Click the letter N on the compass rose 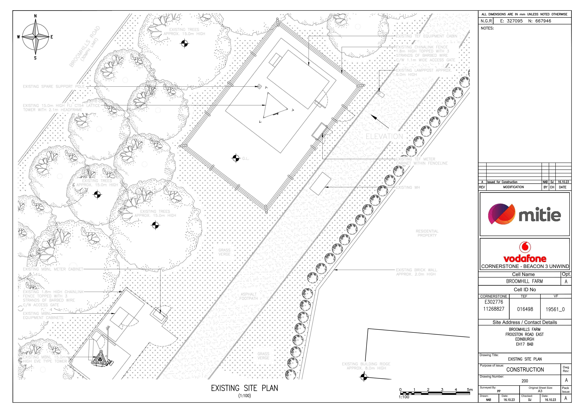pos(35,16)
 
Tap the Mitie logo pos(525,214)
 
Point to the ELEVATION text pos(384,136)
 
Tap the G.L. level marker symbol pos(236,158)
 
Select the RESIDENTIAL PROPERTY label pos(427,233)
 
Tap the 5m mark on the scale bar pos(470,390)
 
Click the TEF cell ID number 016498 pos(525,309)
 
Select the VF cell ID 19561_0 pos(555,309)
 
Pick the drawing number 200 pos(525,381)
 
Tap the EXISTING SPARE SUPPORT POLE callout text pos(54,87)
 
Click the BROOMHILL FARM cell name pos(525,281)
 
